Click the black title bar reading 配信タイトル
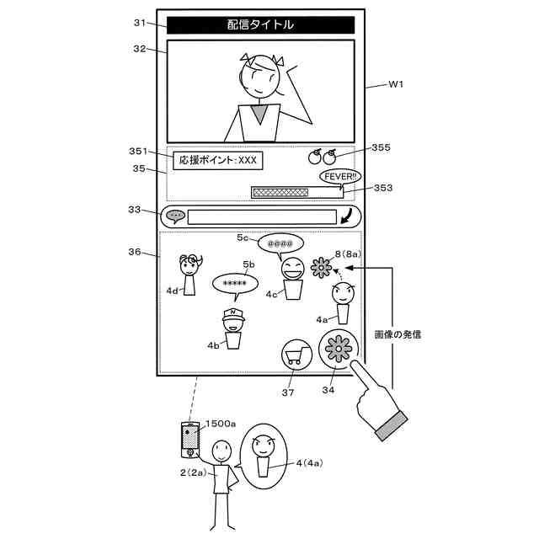tap(260, 25)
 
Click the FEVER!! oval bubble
tap(341, 177)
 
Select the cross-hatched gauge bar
tap(295, 193)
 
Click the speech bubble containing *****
tap(235, 285)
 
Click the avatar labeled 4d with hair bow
tap(189, 274)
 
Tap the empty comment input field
tap(261, 216)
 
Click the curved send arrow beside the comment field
tap(346, 216)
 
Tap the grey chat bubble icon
tap(175, 216)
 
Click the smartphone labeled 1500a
tap(191, 439)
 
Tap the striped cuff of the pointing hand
tap(392, 427)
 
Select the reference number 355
tap(381, 147)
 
